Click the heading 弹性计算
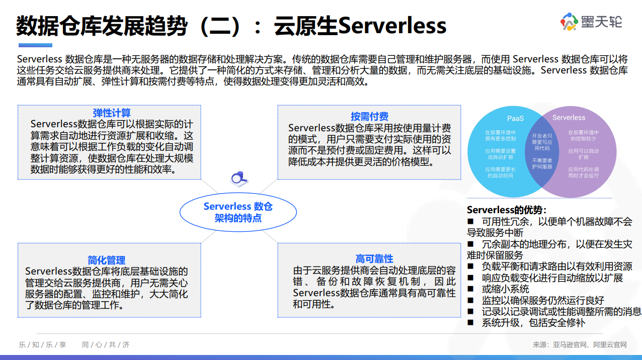(x=112, y=113)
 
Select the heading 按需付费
(x=369, y=117)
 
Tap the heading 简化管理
(x=107, y=260)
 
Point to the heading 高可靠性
(x=374, y=259)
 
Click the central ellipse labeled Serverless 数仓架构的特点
(x=238, y=212)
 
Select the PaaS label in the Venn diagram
(x=515, y=118)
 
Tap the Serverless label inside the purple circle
(x=569, y=118)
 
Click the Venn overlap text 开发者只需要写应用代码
(x=542, y=142)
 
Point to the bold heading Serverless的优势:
(x=507, y=210)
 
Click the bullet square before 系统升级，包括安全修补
(x=471, y=322)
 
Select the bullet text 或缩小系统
(x=505, y=289)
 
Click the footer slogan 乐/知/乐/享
(x=43, y=344)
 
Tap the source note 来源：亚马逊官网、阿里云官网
(x=580, y=344)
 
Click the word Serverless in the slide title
(x=392, y=26)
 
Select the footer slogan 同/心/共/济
(x=106, y=344)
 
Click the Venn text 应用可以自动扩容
(x=584, y=154)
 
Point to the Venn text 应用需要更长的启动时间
(x=500, y=172)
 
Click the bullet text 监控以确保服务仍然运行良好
(x=543, y=300)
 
